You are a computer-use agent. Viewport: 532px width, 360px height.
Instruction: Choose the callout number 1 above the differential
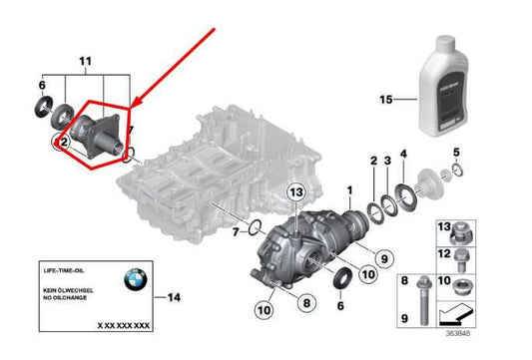[349, 187]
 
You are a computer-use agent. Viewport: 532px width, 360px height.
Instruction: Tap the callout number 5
[455, 153]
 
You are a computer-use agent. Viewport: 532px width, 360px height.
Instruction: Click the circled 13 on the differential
[294, 191]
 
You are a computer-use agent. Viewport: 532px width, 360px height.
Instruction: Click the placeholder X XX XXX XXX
[123, 325]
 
